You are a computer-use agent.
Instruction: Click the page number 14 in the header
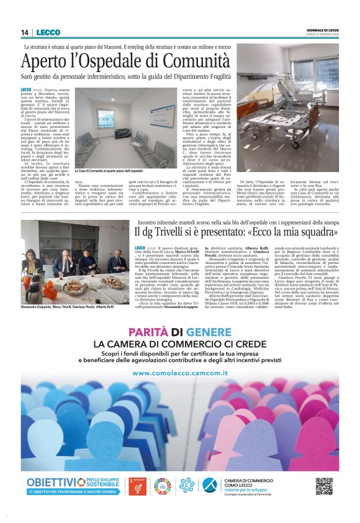point(25,32)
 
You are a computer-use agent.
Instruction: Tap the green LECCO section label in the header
point(48,32)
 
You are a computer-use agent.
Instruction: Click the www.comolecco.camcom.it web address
point(179,373)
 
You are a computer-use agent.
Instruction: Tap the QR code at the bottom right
point(324,486)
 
